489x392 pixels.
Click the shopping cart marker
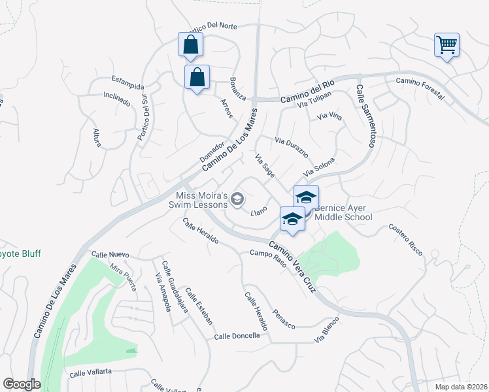click(x=447, y=45)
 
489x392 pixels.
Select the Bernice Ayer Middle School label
click(x=343, y=212)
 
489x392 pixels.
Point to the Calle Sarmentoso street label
click(x=364, y=116)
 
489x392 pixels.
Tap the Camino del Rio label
click(x=307, y=92)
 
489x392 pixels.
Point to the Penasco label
click(x=284, y=318)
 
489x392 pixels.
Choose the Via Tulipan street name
click(x=314, y=100)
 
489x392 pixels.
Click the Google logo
click(x=22, y=384)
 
